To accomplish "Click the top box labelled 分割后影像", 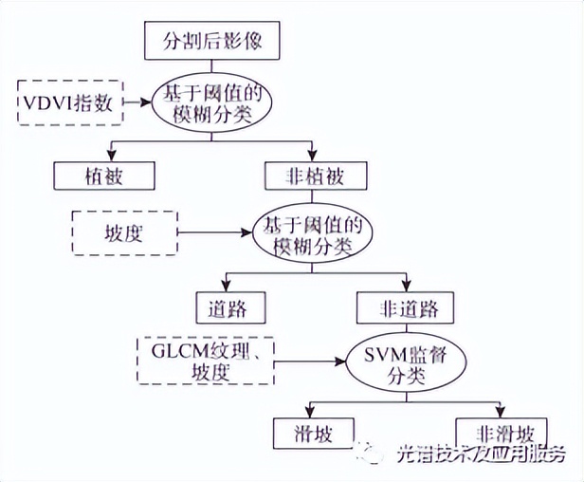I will point(212,43).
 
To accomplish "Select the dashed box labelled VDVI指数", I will point(71,102).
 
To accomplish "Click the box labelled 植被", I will point(104,176).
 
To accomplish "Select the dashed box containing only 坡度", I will point(124,232).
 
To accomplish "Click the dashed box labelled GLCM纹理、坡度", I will point(206,360).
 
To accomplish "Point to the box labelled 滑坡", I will point(307,434).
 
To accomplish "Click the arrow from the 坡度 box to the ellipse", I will point(213,231).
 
